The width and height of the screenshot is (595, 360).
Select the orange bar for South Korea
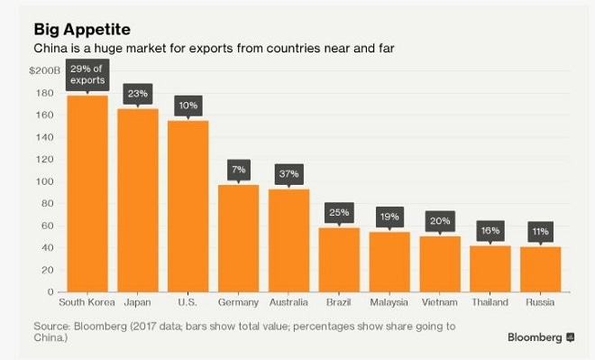(87, 193)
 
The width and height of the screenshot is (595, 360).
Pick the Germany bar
(238, 238)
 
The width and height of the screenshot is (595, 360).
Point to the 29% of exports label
(87, 75)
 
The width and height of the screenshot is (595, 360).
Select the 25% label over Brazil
(339, 213)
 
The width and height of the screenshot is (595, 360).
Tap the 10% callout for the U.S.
(188, 106)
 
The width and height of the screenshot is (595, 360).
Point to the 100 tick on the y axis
(46, 181)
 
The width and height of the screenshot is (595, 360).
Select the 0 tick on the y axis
(51, 291)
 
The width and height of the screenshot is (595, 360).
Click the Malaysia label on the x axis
(389, 303)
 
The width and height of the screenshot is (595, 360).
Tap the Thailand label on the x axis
(490, 303)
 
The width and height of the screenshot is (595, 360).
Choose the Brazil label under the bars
(339, 303)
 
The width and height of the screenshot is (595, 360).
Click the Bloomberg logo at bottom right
(540, 337)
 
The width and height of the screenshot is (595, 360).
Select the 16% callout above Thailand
(490, 231)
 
